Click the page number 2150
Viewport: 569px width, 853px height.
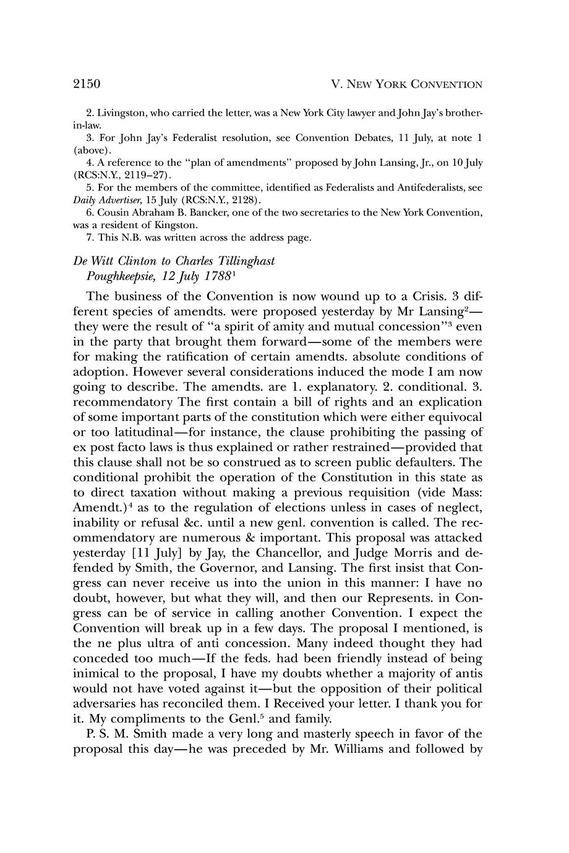87,84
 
